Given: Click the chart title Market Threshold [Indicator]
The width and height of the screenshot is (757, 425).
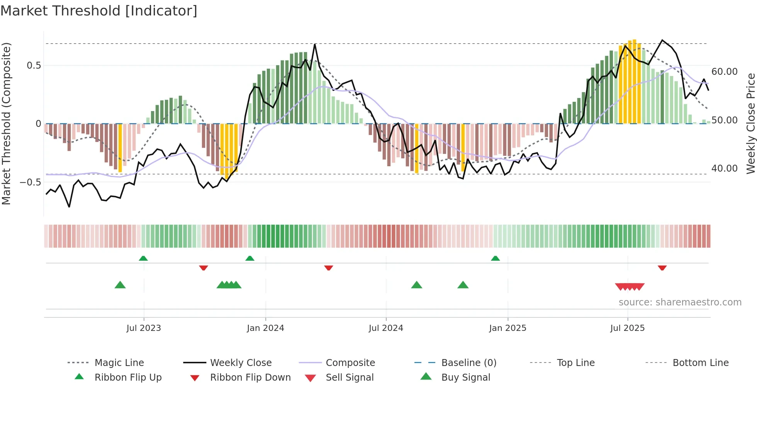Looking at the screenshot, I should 99,11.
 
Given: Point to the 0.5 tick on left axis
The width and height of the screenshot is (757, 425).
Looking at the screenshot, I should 34,66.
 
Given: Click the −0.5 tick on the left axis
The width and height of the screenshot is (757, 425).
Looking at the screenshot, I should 31,182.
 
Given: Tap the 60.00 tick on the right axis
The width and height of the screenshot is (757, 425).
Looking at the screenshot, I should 725,72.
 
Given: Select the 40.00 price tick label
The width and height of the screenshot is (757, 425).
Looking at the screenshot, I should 725,169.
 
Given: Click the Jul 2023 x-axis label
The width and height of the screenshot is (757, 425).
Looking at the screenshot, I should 144,328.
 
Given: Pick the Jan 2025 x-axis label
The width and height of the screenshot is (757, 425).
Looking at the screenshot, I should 507,328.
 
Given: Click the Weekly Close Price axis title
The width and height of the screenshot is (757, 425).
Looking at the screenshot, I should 750,123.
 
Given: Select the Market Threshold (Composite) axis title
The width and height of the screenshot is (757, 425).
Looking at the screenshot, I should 6,123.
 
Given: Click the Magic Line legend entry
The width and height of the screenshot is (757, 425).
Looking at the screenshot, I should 119,363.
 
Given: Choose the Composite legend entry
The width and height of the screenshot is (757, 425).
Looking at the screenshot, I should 350,363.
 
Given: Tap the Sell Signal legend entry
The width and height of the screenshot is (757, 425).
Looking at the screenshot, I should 349,378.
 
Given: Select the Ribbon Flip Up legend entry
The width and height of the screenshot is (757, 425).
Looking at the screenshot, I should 128,378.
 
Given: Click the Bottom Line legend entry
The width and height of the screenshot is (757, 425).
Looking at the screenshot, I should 700,363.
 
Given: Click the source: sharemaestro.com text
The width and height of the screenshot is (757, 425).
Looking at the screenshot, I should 680,302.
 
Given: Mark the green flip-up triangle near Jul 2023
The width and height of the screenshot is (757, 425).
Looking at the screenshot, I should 143,258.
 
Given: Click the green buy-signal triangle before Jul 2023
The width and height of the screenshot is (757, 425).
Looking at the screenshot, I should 120,285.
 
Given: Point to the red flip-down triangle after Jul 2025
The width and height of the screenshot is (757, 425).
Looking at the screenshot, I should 662,268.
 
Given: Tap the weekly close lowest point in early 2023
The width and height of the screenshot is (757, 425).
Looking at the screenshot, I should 69,207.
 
